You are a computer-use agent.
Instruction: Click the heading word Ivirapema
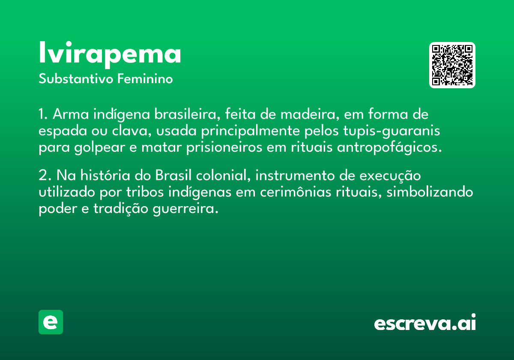pyautogui.click(x=110, y=53)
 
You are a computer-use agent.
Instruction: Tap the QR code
pyautogui.click(x=452, y=65)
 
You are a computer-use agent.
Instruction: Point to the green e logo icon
pyautogui.click(x=51, y=322)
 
